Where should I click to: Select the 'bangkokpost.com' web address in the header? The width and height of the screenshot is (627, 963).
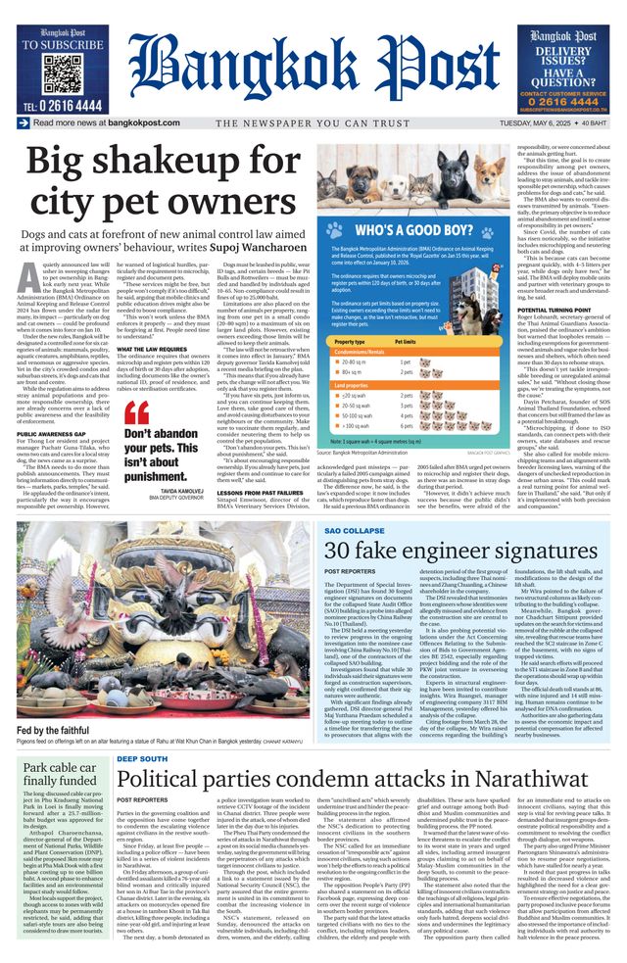(x=144, y=123)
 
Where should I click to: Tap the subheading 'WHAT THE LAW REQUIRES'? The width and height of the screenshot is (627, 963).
(x=151, y=349)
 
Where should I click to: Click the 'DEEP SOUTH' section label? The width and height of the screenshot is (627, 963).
(x=141, y=758)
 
